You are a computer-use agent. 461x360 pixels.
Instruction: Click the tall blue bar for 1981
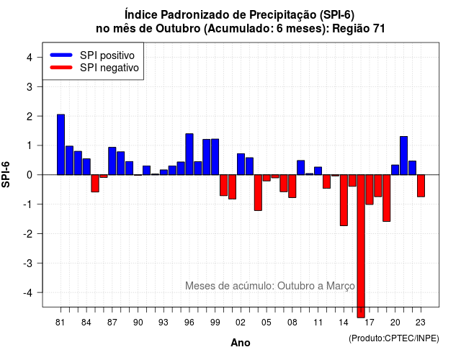pyautogui.click(x=61, y=145)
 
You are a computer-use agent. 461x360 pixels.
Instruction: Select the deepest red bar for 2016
pyautogui.click(x=361, y=246)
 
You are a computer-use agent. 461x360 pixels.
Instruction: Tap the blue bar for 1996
pyautogui.click(x=189, y=154)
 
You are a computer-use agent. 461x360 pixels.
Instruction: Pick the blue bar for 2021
pyautogui.click(x=403, y=156)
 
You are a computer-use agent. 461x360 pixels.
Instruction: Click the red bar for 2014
pyautogui.click(x=344, y=200)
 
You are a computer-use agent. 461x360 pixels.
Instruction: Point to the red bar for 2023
pyautogui.click(x=421, y=186)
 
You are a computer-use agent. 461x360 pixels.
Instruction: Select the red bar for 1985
pyautogui.click(x=95, y=184)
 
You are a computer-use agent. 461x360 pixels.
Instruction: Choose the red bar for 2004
pyautogui.click(x=258, y=192)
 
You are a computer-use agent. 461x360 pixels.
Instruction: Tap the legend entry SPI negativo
pyautogui.click(x=94, y=68)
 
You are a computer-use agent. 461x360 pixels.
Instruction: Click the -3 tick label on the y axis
pyautogui.click(x=27, y=264)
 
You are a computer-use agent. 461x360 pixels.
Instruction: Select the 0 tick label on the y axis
pyautogui.click(x=29, y=175)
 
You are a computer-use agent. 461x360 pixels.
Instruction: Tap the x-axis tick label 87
pyautogui.click(x=112, y=323)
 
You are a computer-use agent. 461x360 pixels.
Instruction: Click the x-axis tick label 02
pyautogui.click(x=241, y=323)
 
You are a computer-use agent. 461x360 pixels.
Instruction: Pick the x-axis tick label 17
pyautogui.click(x=370, y=323)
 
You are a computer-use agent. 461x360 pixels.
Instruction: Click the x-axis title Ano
pyautogui.click(x=241, y=343)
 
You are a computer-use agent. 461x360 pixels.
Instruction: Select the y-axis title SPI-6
pyautogui.click(x=6, y=174)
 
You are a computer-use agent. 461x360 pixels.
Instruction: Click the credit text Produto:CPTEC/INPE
pyautogui.click(x=394, y=338)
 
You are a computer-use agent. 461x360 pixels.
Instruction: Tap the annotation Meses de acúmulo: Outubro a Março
pyautogui.click(x=270, y=286)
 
